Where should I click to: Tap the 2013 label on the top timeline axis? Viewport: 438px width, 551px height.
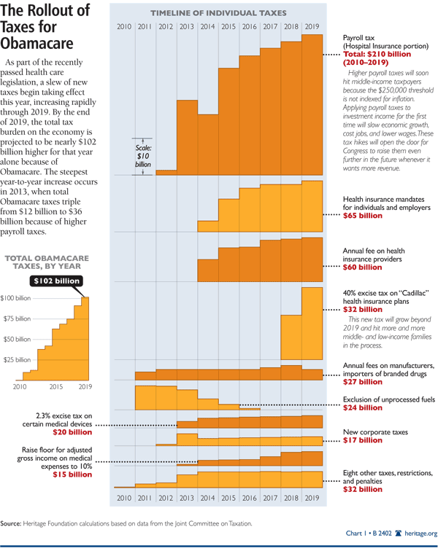[x=187, y=27]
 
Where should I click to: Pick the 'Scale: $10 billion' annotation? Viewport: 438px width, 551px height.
[x=144, y=154]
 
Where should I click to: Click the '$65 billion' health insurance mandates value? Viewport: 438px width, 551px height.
[x=362, y=216]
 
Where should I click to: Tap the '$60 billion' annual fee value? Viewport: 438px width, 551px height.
[x=362, y=267]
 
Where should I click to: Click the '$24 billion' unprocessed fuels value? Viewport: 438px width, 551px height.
[x=362, y=407]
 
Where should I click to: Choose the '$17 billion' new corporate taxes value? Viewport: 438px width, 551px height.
[x=362, y=440]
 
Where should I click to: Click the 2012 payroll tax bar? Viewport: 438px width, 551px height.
[x=166, y=172]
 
